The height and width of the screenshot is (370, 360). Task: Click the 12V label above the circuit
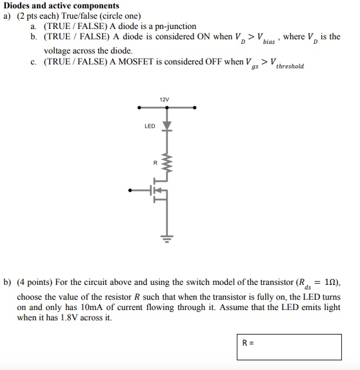[165, 99]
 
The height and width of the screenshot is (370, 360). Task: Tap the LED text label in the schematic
[150, 126]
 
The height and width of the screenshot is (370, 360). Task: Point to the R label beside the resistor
[155, 162]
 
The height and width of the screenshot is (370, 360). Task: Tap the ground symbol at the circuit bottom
[166, 237]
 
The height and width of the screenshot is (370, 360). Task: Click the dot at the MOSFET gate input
[131, 191]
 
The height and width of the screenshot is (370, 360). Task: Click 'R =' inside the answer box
[248, 343]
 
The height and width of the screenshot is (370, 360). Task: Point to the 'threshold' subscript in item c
[290, 66]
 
